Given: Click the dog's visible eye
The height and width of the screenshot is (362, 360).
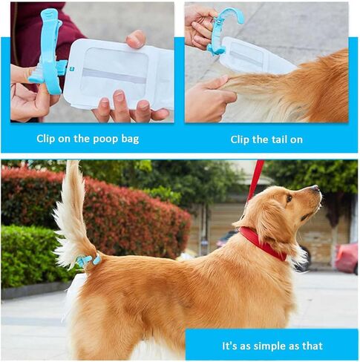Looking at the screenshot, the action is (289, 198).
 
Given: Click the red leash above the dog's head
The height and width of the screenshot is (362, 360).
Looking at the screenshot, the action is (255, 180).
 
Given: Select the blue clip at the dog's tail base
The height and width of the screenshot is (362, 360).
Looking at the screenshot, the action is (88, 260).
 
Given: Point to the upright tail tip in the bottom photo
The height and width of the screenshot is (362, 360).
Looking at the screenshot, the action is (73, 162).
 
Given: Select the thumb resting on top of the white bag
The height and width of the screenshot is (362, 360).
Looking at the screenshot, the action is (136, 39).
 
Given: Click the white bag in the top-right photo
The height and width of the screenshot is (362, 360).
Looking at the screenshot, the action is (255, 56).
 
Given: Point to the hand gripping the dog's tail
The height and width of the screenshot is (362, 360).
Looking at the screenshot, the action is (209, 98).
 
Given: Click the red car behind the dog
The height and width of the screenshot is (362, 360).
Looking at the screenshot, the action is (347, 257).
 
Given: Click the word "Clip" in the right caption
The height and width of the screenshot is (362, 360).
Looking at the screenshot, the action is (240, 139).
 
